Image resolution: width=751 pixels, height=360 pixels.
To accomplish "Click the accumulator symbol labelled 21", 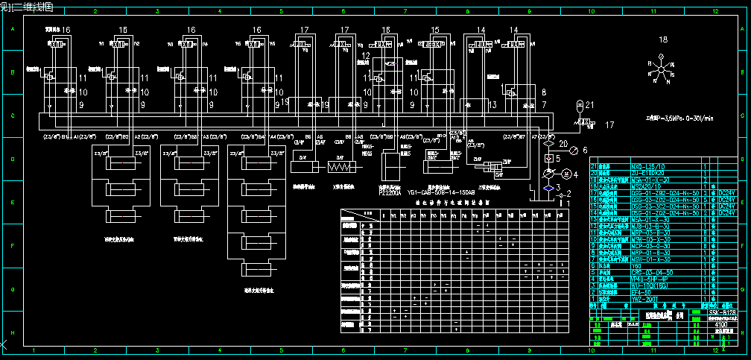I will point(580,108).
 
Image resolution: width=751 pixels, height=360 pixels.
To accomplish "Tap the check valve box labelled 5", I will point(548,159).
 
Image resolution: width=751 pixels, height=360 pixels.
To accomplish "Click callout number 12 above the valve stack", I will point(365,56).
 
